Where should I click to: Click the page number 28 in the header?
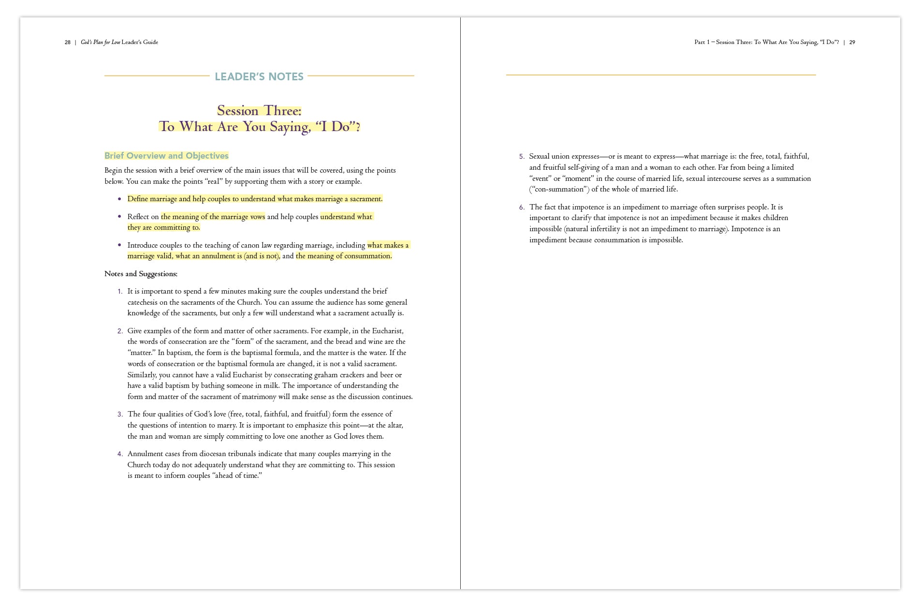point(68,43)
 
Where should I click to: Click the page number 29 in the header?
point(852,43)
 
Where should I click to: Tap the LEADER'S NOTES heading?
point(259,76)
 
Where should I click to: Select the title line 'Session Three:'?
point(259,111)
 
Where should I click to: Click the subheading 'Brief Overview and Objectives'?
point(166,156)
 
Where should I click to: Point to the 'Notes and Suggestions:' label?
point(141,274)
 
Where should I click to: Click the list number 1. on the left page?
point(120,292)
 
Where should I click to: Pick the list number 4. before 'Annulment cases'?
point(120,454)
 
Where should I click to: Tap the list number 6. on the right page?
point(522,208)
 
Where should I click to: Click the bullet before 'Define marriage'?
point(120,199)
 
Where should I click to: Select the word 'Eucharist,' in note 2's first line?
point(388,331)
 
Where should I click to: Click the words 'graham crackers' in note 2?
point(339,375)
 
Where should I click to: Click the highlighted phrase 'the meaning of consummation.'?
point(344,256)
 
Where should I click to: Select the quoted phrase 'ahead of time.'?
point(237,475)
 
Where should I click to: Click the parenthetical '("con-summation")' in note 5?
point(559,189)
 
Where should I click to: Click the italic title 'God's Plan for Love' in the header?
point(101,43)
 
